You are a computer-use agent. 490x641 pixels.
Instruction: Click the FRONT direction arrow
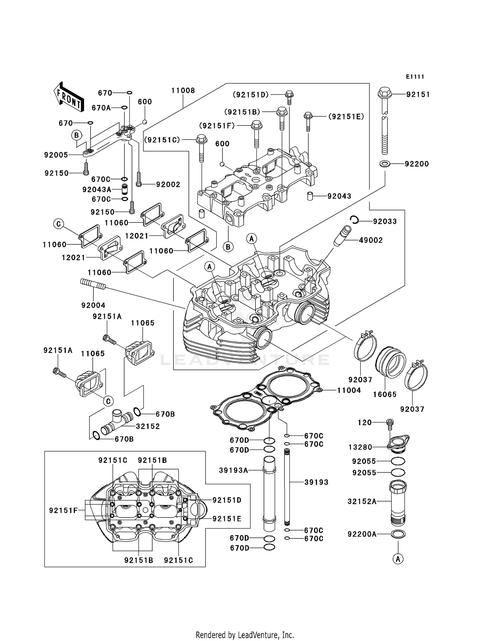coord(69,97)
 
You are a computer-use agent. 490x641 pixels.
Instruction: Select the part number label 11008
coord(183,90)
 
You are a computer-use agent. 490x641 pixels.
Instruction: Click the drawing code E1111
coord(415,77)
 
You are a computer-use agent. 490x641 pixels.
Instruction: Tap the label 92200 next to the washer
coord(416,164)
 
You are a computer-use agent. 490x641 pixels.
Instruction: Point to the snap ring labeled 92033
coord(354,220)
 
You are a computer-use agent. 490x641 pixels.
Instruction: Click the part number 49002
coord(370,240)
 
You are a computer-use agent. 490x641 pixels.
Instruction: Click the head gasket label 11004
coord(349,390)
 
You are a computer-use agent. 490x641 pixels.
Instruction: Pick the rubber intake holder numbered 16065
coord(390,362)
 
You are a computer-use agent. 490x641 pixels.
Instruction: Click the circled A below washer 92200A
coord(398,559)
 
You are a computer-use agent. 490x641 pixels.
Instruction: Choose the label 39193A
coord(234,470)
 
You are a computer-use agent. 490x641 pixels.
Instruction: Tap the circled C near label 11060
coord(58,224)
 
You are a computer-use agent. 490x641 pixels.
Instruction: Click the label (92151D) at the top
coord(251,94)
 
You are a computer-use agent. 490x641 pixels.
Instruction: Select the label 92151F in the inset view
coord(63,510)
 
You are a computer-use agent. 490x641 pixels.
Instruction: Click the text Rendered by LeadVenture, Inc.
coord(245,635)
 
